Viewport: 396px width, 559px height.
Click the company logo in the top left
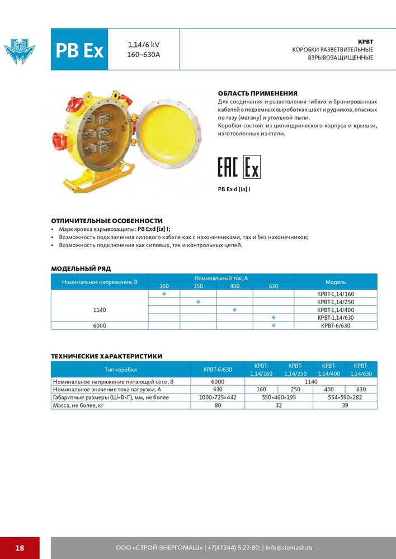pos(20,49)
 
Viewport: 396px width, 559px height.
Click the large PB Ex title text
pos(79,50)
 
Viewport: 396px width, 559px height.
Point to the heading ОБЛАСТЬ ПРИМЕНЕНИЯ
pos(257,93)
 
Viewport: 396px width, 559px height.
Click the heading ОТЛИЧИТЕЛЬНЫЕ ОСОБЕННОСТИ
pos(107,221)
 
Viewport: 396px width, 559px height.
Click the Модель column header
pos(336,282)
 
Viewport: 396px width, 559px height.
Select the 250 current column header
pos(198,286)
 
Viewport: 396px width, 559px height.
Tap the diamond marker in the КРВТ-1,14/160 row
pos(164,293)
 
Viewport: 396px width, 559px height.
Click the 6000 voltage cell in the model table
pos(100,325)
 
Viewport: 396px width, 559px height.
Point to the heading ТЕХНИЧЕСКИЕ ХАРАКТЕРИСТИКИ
pos(107,356)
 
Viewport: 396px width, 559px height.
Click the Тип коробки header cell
pos(120,369)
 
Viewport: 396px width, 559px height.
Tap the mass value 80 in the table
pos(218,405)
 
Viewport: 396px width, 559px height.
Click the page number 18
pos(20,548)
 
